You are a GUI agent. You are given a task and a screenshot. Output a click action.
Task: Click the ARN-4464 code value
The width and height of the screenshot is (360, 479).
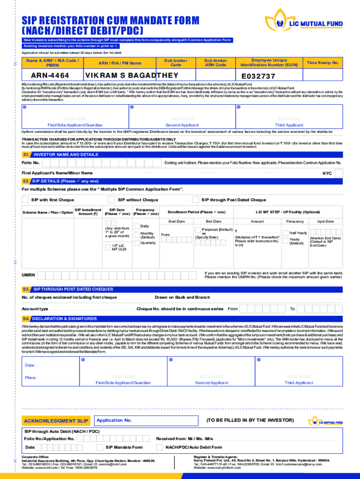50,76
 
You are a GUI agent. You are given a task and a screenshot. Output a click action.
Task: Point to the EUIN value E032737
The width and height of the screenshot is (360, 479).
259,76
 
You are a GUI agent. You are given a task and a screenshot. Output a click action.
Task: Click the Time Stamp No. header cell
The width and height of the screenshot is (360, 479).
323,63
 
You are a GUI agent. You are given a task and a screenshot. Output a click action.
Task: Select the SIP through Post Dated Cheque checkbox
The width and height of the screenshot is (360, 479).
195,200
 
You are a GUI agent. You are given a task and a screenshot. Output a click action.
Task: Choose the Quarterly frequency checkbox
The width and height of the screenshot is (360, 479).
137,243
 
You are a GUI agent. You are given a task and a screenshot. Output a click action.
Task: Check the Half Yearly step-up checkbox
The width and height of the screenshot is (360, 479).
286,233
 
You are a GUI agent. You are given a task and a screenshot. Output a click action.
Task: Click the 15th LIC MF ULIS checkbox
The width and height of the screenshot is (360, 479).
108,247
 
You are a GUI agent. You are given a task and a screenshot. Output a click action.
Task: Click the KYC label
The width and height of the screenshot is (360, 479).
327,174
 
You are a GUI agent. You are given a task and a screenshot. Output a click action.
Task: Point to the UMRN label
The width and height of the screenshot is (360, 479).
29,275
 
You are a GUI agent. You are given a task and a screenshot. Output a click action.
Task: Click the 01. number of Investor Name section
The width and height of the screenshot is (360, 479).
27,154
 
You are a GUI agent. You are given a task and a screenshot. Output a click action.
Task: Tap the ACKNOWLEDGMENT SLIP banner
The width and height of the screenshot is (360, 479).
57,421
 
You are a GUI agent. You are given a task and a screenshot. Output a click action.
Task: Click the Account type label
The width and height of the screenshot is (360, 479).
35,309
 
